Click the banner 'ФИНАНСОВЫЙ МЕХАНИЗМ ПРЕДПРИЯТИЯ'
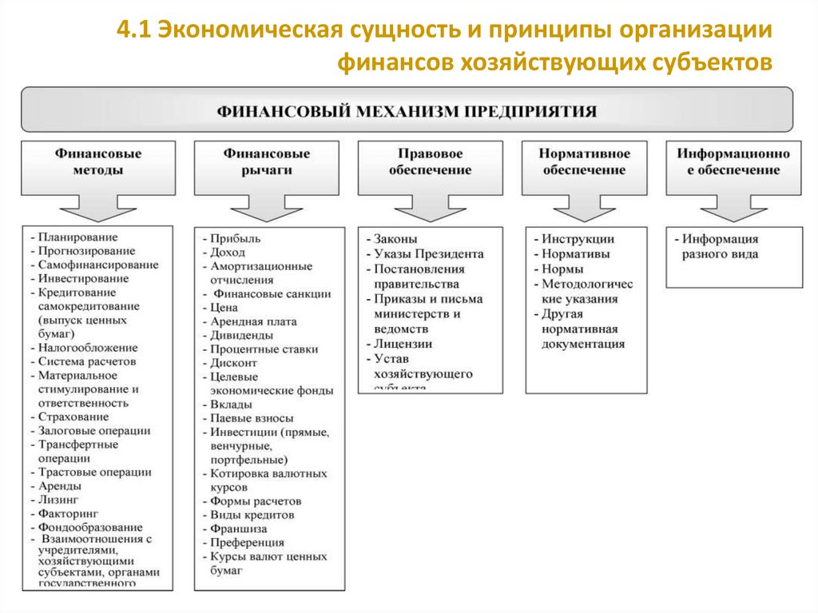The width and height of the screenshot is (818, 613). (x=407, y=109)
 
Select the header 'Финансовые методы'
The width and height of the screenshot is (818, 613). (x=99, y=161)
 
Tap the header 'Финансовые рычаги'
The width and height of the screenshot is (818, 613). (x=267, y=161)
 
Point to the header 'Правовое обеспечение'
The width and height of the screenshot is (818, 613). (x=430, y=161)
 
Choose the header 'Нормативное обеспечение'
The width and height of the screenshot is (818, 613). (x=584, y=161)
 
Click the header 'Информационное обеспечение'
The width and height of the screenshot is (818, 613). (x=733, y=161)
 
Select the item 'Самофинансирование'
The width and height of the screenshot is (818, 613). (x=97, y=265)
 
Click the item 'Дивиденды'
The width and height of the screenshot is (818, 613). (x=240, y=336)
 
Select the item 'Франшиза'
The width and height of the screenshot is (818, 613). (x=239, y=529)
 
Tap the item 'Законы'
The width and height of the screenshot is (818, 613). (x=395, y=239)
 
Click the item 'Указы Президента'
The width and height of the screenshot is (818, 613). (x=428, y=253)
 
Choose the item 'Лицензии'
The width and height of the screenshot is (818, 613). (x=403, y=344)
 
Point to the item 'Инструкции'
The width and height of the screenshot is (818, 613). (x=577, y=239)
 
